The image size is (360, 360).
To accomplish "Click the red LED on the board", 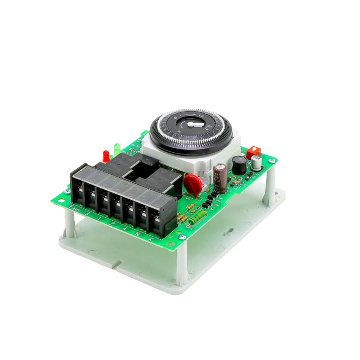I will click(x=106, y=155).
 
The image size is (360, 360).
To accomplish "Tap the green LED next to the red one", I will click(x=117, y=147).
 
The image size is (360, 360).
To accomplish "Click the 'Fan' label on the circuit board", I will click(x=74, y=207).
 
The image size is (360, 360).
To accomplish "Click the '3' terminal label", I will click(x=87, y=213).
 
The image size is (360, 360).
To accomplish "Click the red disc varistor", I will click(x=193, y=184).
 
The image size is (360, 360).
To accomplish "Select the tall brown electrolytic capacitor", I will click(x=220, y=179).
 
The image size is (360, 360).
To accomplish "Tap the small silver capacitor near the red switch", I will click(x=256, y=163).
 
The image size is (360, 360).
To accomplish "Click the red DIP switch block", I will click(x=253, y=152).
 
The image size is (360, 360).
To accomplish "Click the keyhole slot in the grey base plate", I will click(x=227, y=233).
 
